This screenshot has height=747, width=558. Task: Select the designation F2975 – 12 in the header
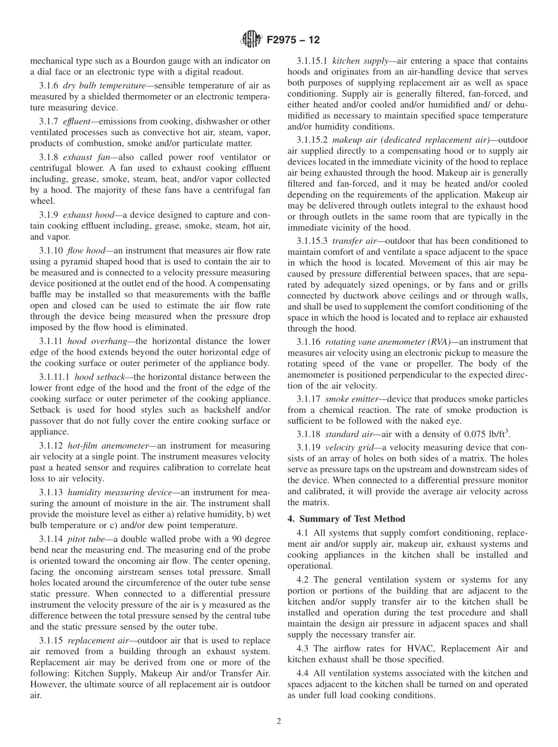coord(293,41)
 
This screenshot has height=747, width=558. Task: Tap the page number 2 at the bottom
coord(279,722)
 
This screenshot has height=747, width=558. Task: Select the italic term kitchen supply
coord(360,60)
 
